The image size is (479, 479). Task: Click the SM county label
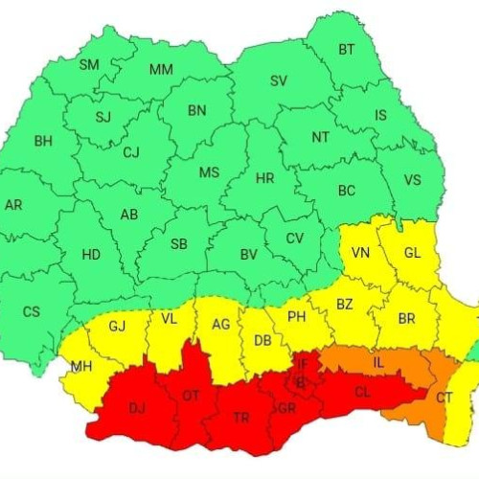pos(88,65)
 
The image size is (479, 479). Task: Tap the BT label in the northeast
pos(347,50)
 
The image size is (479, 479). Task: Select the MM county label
pos(161,69)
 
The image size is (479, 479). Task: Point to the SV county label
pos(279,81)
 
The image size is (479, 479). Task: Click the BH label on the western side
pos(43,141)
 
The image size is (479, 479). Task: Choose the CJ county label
pos(131,151)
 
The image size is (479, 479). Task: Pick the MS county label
pos(209,172)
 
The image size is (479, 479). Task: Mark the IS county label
pos(380,116)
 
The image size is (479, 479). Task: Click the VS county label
pos(412,180)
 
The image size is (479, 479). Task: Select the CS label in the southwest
pos(32,311)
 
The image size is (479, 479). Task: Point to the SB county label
pos(179,244)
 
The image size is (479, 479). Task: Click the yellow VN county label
pos(361,253)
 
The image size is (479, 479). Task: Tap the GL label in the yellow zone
pos(412,253)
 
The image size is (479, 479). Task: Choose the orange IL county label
pos(378,363)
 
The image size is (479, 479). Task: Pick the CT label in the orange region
pos(445,397)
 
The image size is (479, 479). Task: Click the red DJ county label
pos(137,410)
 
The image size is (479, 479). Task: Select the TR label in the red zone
pos(240,417)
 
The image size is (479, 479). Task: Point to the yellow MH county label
pos(81,367)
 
